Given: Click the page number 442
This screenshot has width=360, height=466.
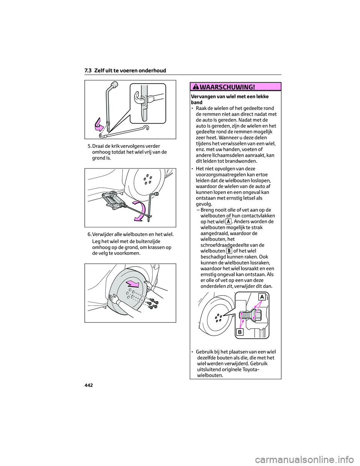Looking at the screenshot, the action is [88, 385].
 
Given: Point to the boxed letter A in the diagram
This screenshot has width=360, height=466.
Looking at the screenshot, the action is [262, 297].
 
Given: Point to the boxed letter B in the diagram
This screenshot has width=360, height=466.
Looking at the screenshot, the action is [240, 332].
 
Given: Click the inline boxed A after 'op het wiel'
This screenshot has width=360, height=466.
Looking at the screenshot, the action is [228, 221].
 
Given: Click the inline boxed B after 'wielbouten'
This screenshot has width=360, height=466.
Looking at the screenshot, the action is [229, 251].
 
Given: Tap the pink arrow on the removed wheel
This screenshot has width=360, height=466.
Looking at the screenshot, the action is [133, 284].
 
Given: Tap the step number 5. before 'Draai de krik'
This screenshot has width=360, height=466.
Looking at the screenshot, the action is [89, 146].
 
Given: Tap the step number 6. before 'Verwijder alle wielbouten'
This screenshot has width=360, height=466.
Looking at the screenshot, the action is [89, 235].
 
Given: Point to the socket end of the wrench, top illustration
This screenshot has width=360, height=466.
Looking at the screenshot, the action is [115, 84].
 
